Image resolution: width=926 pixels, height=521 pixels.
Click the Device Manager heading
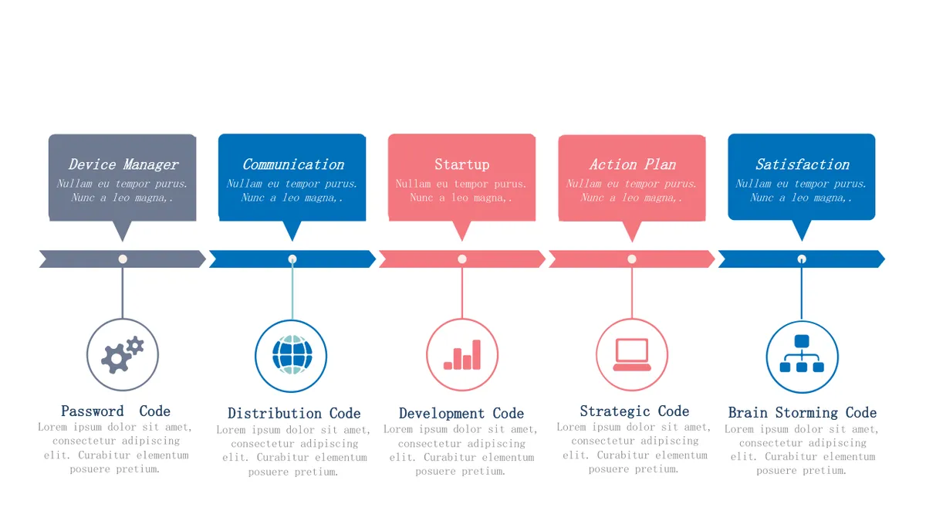coord(123,164)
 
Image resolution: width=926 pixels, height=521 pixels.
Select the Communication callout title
coord(293,164)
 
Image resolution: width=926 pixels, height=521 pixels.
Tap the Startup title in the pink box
coord(461,164)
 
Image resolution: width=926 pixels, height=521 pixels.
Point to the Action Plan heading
coord(633,164)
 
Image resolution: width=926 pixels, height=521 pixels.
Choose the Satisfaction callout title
coord(802,164)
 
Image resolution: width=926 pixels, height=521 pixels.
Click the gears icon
coord(123,355)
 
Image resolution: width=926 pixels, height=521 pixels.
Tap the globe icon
coord(292,355)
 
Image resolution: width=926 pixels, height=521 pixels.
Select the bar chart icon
coord(461,355)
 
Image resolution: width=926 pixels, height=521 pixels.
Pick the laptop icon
coord(632,355)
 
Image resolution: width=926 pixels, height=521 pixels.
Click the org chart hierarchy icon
coord(802,354)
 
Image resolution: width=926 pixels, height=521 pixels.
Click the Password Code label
coord(115,411)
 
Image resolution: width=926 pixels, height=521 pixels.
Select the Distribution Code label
coord(294,413)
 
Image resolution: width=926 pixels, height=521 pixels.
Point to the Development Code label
coord(461,413)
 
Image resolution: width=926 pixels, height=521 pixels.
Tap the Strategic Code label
coord(634,411)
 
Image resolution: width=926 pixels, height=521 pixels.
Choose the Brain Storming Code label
coord(802,412)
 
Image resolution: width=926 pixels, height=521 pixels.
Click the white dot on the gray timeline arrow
coord(123,259)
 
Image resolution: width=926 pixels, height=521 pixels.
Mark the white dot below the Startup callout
coord(462,259)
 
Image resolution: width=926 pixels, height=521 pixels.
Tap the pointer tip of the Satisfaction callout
coord(802,241)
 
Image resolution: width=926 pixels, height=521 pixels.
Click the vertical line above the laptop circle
coord(632,293)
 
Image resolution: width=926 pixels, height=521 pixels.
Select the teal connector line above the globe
coord(292,293)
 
